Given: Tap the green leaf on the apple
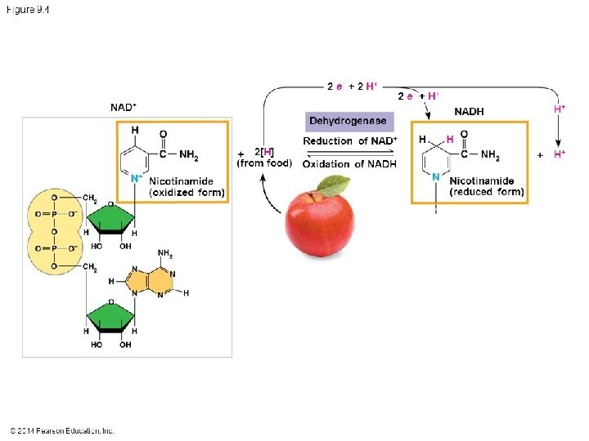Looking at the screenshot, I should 333,186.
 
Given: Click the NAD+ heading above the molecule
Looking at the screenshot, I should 123,107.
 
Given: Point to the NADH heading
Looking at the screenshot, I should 469,111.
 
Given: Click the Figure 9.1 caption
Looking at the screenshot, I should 28,9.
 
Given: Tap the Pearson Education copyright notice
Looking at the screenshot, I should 62,430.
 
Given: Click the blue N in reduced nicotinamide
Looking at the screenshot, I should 436,176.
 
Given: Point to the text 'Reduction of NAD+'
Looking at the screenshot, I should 350,141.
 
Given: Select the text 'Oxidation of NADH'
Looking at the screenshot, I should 349,163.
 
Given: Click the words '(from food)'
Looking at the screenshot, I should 264,163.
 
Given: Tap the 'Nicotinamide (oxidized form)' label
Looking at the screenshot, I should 187,186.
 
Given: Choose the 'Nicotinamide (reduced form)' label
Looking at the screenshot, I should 486,186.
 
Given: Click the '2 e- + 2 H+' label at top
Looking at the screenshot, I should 352,86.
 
